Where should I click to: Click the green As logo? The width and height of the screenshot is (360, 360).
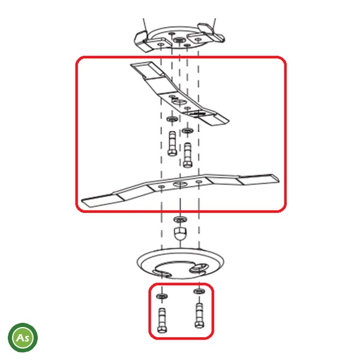tap(23, 337)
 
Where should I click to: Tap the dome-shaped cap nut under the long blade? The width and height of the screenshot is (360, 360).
tap(180, 233)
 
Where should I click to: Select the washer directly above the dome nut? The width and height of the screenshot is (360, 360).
tap(180, 219)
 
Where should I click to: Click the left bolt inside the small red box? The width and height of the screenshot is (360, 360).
tap(163, 320)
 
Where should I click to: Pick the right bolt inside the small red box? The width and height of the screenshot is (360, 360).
tap(199, 316)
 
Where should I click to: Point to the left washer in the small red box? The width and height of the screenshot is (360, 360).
tap(162, 296)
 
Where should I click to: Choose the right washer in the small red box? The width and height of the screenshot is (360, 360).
tap(199, 292)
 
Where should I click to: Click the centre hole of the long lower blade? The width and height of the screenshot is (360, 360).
tap(180, 184)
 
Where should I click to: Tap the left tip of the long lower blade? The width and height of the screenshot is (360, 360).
tap(82, 202)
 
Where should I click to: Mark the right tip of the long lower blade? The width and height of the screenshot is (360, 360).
tap(279, 179)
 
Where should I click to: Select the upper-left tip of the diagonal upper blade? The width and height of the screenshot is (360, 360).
tap(131, 65)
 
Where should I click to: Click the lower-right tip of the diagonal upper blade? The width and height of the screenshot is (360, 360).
tap(228, 121)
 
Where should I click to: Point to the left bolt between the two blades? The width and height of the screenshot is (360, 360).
tap(172, 144)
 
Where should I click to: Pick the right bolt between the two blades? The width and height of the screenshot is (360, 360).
tap(188, 155)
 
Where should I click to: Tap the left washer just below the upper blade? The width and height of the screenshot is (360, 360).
tap(172, 119)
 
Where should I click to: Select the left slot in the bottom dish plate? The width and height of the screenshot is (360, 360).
tap(161, 274)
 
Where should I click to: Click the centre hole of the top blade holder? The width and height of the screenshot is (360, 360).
tap(179, 40)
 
